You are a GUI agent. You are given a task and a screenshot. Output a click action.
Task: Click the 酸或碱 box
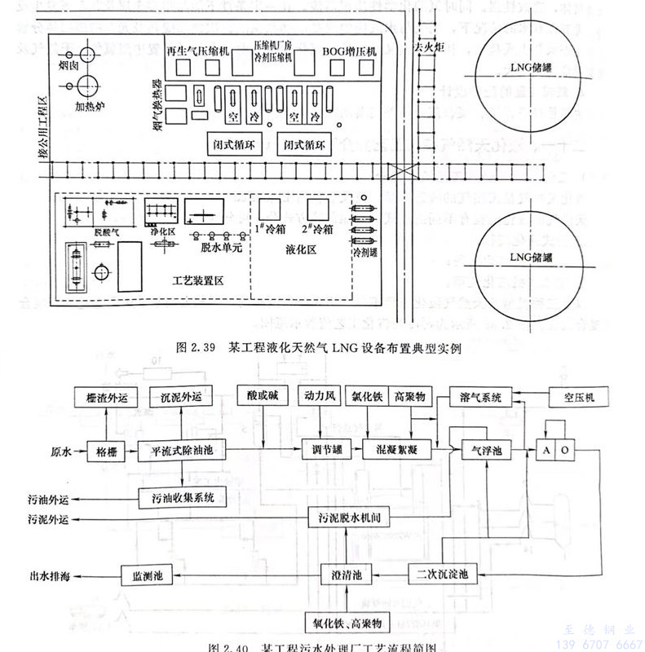coord(263,397)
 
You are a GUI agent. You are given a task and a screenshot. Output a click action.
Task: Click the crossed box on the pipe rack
coord(400,172)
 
